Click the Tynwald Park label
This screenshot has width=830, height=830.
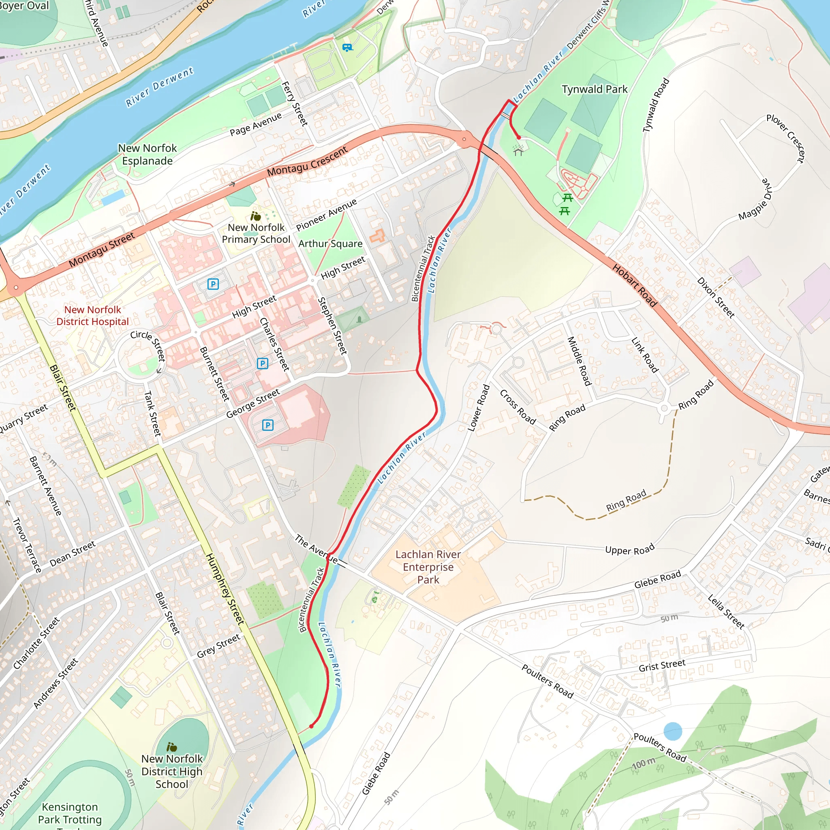(x=595, y=89)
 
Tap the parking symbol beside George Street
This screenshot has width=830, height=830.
(x=267, y=425)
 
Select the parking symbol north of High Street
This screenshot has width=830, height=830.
(x=213, y=284)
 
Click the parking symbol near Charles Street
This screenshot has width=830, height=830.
(x=263, y=364)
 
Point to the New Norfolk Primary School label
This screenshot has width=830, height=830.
(x=256, y=233)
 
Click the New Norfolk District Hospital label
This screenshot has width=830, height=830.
(x=92, y=316)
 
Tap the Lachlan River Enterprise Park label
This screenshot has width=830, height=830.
(x=428, y=567)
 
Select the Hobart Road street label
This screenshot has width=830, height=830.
(x=635, y=286)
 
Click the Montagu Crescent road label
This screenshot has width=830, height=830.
(x=307, y=162)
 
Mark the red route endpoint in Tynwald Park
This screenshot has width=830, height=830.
(x=519, y=137)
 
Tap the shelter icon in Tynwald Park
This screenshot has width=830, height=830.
(x=518, y=151)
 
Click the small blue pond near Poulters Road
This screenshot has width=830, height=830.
(x=673, y=731)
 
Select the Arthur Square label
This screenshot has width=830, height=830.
(x=330, y=244)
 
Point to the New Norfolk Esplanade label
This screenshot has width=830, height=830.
(x=148, y=155)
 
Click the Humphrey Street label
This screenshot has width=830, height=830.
(x=225, y=588)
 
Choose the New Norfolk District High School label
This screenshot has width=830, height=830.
(x=172, y=772)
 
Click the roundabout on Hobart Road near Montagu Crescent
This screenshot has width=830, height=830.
(x=464, y=139)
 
